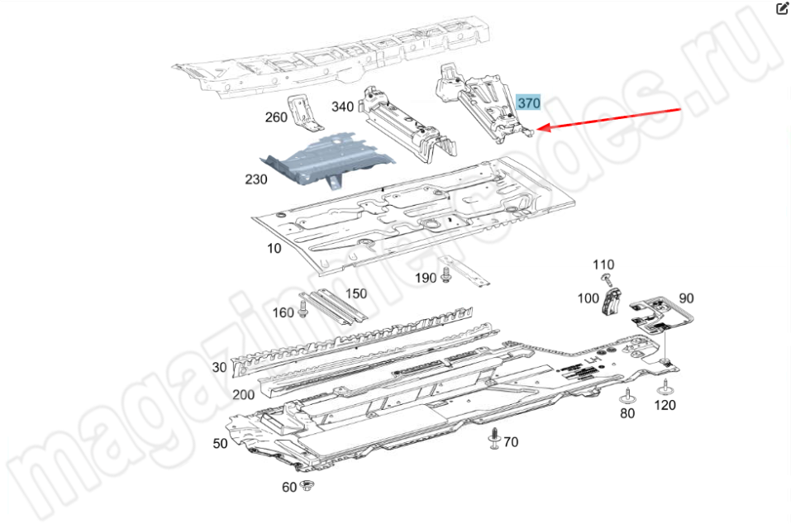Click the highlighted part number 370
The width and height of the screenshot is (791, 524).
click(529, 102)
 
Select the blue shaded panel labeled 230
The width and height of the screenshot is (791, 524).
click(327, 160)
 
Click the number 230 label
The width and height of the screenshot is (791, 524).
click(255, 179)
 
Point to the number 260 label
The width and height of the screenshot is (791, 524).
click(276, 117)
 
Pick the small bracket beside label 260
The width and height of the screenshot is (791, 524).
click(305, 112)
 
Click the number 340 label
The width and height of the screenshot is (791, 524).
click(342, 107)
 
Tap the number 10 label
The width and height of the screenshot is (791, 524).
click(274, 248)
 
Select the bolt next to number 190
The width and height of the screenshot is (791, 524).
click(446, 275)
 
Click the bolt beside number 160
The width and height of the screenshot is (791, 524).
click(303, 309)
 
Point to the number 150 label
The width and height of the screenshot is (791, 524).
click(356, 293)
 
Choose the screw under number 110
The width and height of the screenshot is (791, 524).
click(607, 279)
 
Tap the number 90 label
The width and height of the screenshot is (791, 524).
click(686, 298)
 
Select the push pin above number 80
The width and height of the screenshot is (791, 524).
click(627, 396)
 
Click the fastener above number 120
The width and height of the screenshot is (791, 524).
click(665, 388)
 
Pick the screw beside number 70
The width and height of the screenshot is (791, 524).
click(495, 439)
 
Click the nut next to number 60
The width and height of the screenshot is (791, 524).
click(306, 486)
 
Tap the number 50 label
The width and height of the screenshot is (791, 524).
click(221, 443)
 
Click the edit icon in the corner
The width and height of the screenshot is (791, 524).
click(782, 8)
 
